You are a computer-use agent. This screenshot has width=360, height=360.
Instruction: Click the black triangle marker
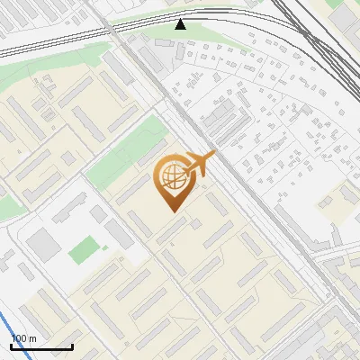click(x=181, y=24)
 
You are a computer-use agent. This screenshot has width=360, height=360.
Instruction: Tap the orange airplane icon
click(x=199, y=166)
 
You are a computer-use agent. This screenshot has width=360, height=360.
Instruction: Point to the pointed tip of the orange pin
click(x=172, y=211)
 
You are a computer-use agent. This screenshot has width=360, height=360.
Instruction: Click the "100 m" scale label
click(x=23, y=338)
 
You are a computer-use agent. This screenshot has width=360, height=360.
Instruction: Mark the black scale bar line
click(x=41, y=346)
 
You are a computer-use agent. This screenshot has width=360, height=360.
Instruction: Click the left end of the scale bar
click(x=11, y=346)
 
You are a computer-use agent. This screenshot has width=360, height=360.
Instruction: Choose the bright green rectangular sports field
click(x=84, y=248)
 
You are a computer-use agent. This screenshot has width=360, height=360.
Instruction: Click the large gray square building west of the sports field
click(x=43, y=244)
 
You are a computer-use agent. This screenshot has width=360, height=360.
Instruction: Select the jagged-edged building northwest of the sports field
click(x=67, y=208)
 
